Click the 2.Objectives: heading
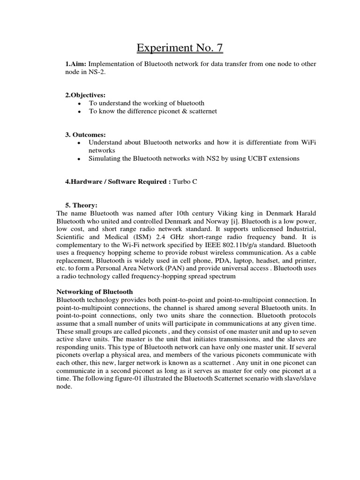click(x=85, y=95)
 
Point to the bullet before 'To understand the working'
click(x=80, y=103)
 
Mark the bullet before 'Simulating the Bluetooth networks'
click(x=80, y=159)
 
